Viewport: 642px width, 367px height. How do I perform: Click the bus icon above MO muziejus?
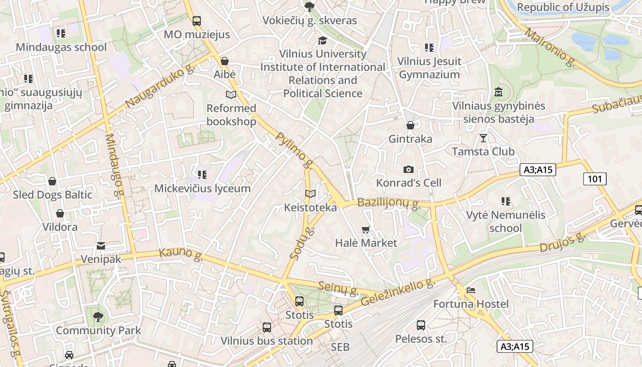tap(197, 21)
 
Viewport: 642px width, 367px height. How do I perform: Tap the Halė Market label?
tap(366, 243)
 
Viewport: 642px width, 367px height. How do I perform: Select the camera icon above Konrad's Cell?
tap(409, 169)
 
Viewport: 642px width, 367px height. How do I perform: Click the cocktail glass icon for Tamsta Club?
tap(483, 138)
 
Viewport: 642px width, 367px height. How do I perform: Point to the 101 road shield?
tap(595, 179)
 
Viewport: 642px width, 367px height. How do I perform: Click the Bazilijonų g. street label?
tap(389, 202)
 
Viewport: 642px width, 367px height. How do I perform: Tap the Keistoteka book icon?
tap(310, 194)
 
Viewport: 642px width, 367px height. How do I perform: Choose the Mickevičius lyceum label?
tap(202, 189)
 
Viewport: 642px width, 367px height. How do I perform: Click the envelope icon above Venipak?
tap(101, 246)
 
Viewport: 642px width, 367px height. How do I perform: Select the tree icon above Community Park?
tap(98, 317)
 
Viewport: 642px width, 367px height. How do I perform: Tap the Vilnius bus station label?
tap(266, 341)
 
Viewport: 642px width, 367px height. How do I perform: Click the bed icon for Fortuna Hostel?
tap(470, 290)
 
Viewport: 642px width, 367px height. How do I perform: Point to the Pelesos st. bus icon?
tap(421, 325)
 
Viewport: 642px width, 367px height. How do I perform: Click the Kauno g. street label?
tap(181, 255)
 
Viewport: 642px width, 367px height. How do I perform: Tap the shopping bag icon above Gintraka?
tap(410, 125)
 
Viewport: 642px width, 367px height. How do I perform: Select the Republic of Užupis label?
tap(563, 7)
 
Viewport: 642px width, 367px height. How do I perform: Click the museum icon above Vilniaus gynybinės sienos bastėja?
tap(499, 92)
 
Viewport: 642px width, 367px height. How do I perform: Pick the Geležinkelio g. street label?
tap(398, 293)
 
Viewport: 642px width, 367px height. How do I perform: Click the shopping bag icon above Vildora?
tap(60, 213)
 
